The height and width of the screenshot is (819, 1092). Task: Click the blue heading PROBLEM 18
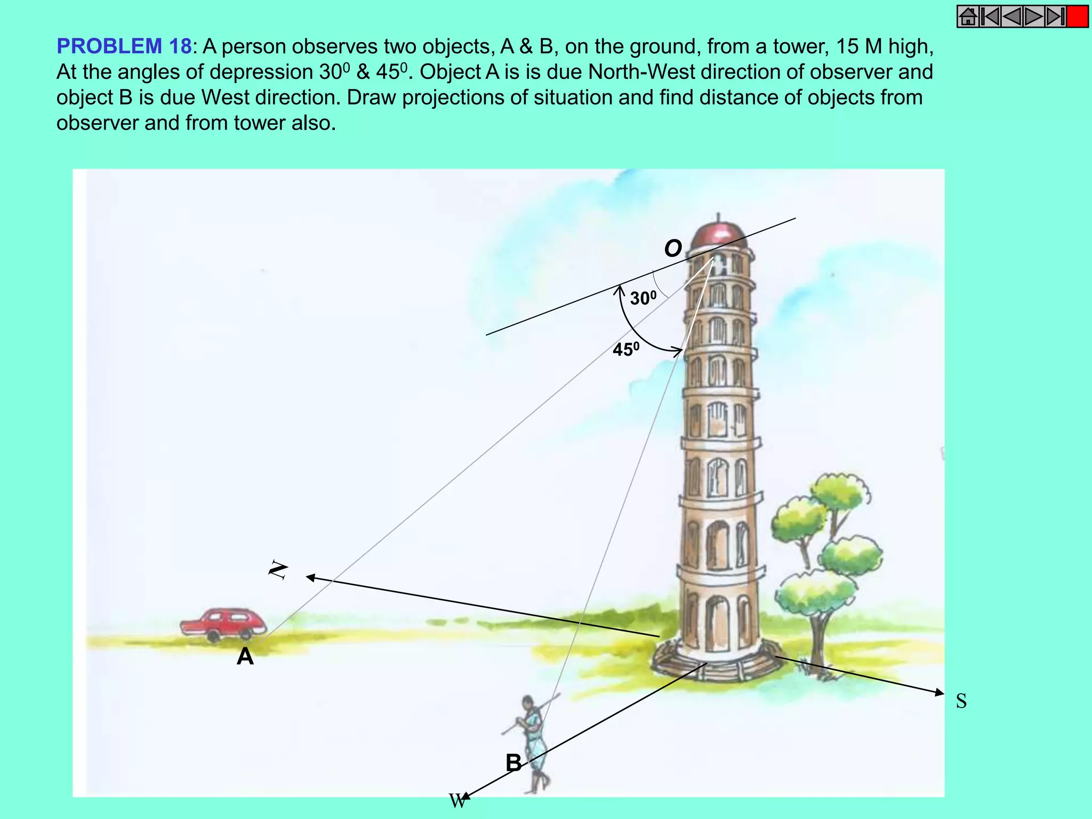coord(124,47)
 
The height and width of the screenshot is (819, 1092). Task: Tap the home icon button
coord(968,17)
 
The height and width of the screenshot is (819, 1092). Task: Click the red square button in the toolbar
coord(1078,17)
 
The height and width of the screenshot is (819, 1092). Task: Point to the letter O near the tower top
coord(673,248)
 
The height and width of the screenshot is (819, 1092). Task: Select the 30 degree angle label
coord(643,298)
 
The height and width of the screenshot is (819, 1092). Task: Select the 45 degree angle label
coord(625,349)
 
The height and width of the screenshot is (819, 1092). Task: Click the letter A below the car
coord(245,656)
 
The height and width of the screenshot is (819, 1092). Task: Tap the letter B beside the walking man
coord(513,762)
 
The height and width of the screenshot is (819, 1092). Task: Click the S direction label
coord(961,701)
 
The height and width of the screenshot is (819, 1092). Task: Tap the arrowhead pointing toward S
coord(939,693)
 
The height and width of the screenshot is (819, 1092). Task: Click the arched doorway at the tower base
coord(717,621)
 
